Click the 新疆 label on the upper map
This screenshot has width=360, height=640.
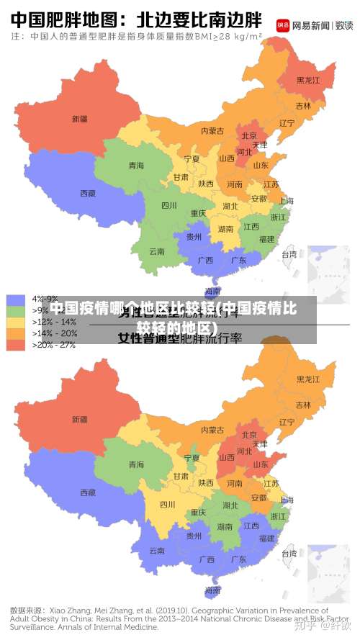[79, 119]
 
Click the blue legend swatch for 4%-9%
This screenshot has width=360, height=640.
[16, 299]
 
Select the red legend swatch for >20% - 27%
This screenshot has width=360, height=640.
[16, 345]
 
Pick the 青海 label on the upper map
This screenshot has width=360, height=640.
[136, 166]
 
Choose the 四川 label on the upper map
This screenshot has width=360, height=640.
[169, 205]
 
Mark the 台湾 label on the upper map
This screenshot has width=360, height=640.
[288, 254]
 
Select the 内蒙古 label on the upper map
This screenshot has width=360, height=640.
[212, 130]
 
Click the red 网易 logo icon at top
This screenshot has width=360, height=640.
[283, 24]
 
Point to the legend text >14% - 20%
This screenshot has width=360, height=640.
[55, 333]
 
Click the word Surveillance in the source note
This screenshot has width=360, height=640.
[31, 627]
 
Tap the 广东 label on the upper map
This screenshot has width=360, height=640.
[239, 260]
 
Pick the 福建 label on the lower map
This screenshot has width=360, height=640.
[266, 538]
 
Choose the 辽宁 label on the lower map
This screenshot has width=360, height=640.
[287, 422]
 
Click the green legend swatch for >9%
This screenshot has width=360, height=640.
[16, 310]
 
